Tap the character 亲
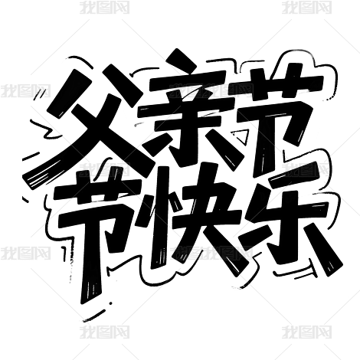189,113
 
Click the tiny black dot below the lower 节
111,303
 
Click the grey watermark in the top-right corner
306,8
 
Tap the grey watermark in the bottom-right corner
306,332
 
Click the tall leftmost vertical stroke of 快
160,217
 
